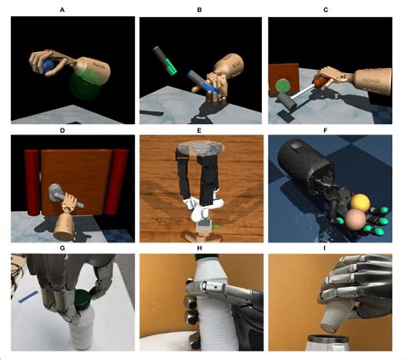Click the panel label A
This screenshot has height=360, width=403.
61,9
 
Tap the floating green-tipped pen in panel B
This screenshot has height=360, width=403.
164,56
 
